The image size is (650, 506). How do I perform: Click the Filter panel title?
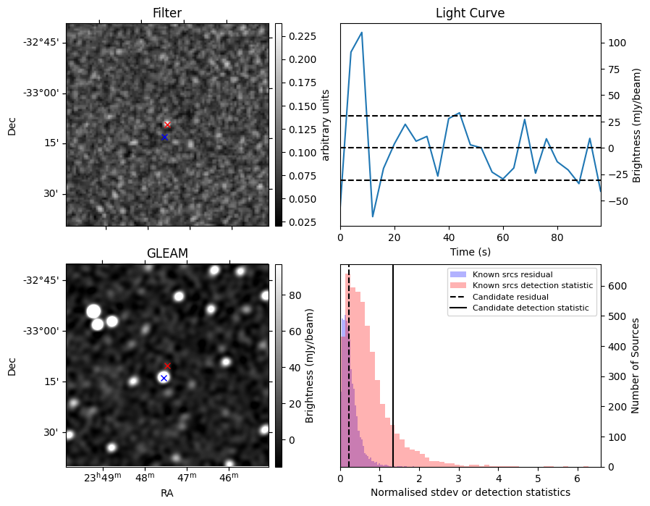point(166,13)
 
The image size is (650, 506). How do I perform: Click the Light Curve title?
point(470,13)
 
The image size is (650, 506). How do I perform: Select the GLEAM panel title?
point(166,253)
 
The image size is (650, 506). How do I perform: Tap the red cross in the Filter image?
point(167,125)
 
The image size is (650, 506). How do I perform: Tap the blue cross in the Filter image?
point(164,137)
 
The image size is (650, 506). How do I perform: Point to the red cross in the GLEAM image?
point(167,366)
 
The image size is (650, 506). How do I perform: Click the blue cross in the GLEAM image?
point(164,378)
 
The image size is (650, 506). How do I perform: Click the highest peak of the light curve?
point(362,33)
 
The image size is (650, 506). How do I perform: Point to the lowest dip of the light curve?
point(373,216)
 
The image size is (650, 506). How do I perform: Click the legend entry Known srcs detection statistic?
point(532,285)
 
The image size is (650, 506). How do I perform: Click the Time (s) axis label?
point(470,251)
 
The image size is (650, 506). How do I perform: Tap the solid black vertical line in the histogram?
point(393,376)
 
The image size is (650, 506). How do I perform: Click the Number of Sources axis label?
point(636,366)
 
